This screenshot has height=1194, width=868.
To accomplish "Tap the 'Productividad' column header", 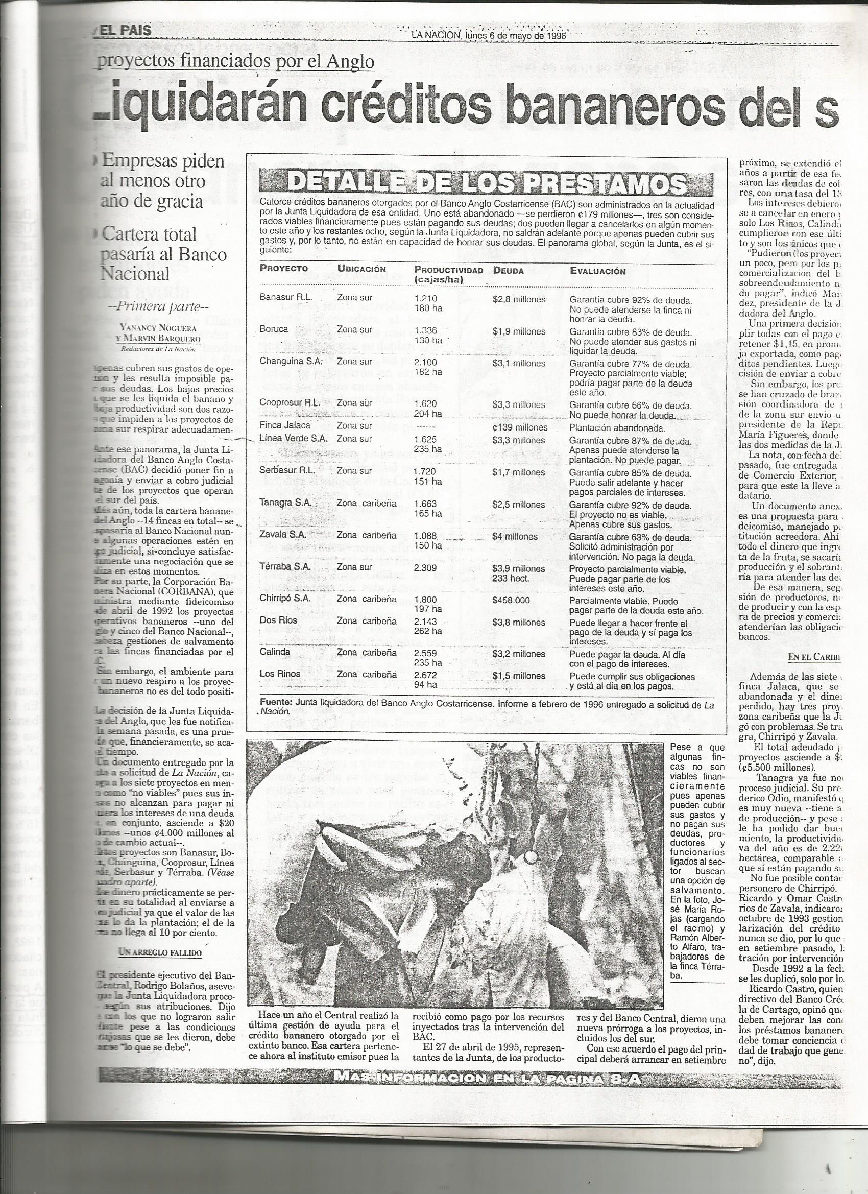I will [x=448, y=270].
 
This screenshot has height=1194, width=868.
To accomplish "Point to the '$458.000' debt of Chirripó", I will [x=511, y=600].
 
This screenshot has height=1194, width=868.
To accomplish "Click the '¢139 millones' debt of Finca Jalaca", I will [x=520, y=427].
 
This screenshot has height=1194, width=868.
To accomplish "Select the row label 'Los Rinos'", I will [x=280, y=674].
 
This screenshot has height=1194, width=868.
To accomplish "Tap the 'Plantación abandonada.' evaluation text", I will [x=613, y=427].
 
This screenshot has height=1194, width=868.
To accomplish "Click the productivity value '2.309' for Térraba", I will [x=425, y=567].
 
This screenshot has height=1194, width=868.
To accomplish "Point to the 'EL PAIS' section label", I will [x=124, y=31].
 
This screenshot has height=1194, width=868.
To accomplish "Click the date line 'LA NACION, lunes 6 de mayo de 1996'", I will [x=488, y=35].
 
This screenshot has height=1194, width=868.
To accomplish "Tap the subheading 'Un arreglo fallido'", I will [x=160, y=952].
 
